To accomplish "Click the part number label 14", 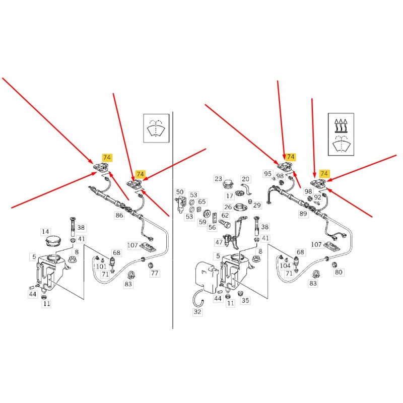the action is point(45,232).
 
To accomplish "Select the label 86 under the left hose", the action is point(119,215).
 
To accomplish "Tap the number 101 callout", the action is point(101,266).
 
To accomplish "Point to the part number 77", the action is point(155,273).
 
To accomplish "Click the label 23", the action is point(218,179).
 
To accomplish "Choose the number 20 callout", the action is point(245,179).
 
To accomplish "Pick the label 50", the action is point(180,192).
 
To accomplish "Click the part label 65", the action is point(202,202).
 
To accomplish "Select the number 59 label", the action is point(203,222).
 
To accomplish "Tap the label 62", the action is point(225,215).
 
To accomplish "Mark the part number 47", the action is point(219,242).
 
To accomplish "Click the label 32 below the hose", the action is point(197,312).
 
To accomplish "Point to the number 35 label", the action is point(245,300).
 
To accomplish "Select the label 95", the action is point(267,174).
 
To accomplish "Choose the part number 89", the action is point(303,214).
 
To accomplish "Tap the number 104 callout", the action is point(285,266).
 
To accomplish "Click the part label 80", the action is point(339,272).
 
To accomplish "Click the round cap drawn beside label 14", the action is point(54,242).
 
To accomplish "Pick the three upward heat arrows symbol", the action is point(341,125).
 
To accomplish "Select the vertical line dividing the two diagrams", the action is point(173,220).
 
